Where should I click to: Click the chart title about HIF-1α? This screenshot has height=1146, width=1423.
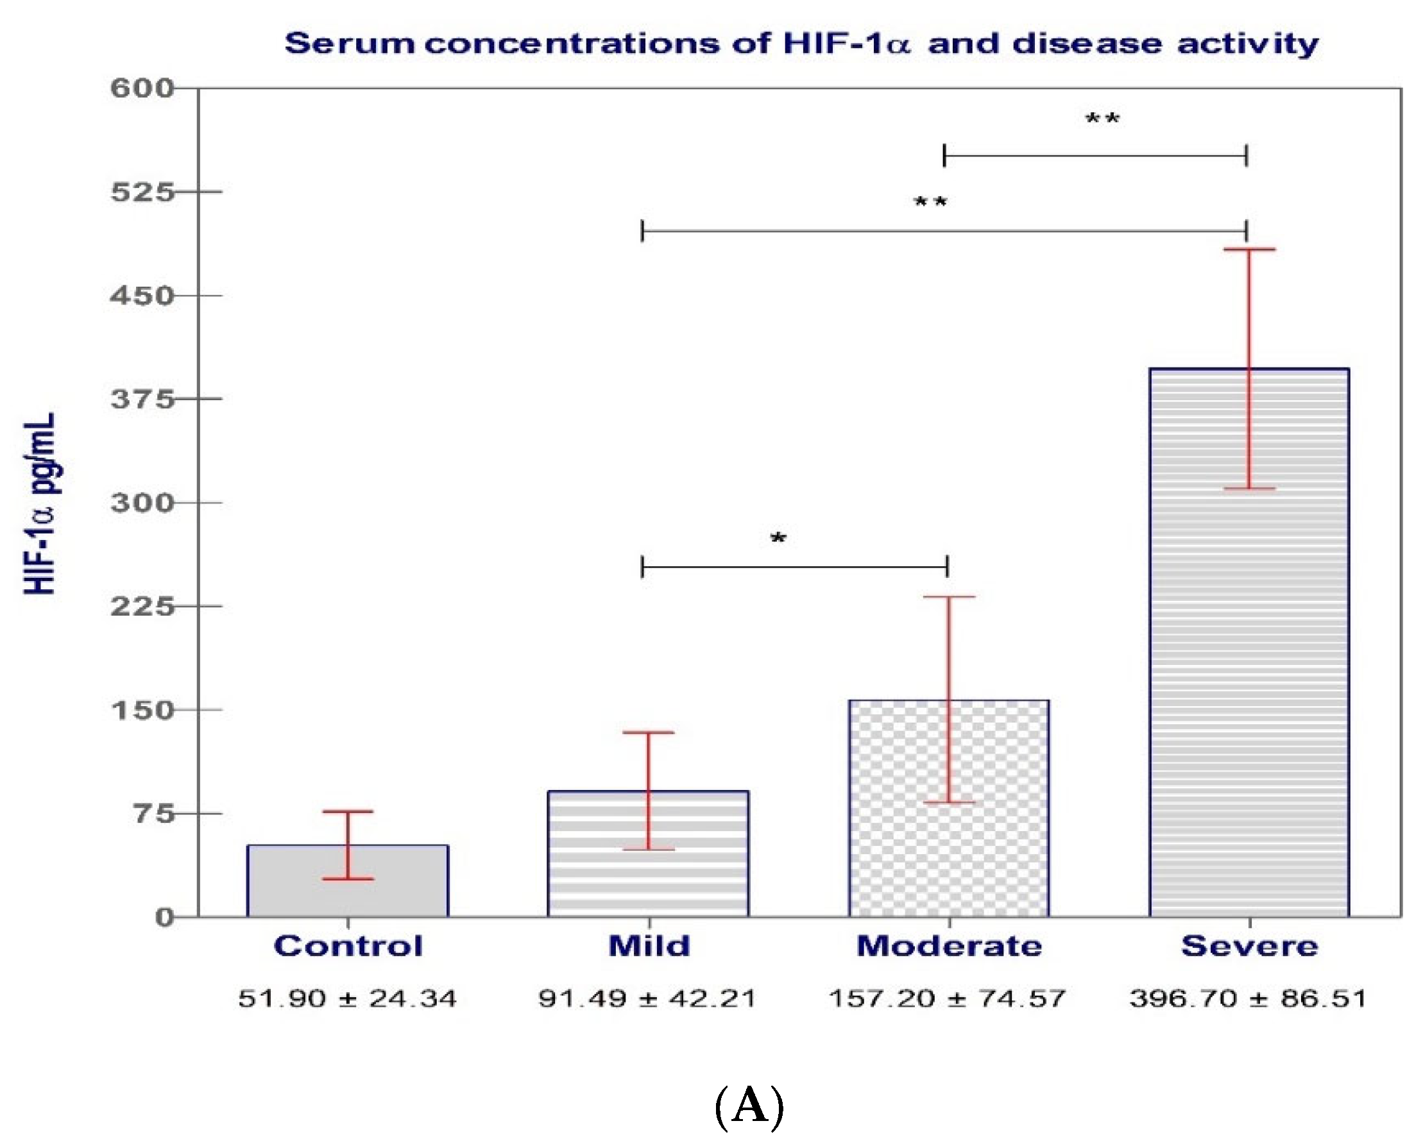[x=801, y=44]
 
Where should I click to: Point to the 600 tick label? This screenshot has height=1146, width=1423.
[x=141, y=88]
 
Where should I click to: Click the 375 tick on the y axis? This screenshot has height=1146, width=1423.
[x=141, y=399]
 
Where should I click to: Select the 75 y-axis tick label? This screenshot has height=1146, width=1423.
[x=154, y=813]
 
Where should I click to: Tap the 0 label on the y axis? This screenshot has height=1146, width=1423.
[x=164, y=917]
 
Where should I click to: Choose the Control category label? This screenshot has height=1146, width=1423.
[x=348, y=946]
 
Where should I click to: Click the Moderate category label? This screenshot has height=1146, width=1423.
[x=949, y=946]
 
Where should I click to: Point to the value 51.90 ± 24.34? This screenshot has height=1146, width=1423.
[x=347, y=998]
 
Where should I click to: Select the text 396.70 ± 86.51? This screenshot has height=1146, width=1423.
[x=1247, y=998]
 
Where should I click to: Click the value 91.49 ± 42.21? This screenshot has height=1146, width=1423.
[x=647, y=998]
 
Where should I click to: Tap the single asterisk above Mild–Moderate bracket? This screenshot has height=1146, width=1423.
[x=778, y=539]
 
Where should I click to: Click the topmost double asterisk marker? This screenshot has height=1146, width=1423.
[x=1102, y=119]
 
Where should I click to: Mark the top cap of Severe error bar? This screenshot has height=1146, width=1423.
[x=1248, y=249]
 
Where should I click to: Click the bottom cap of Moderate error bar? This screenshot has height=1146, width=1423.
[x=949, y=803]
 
